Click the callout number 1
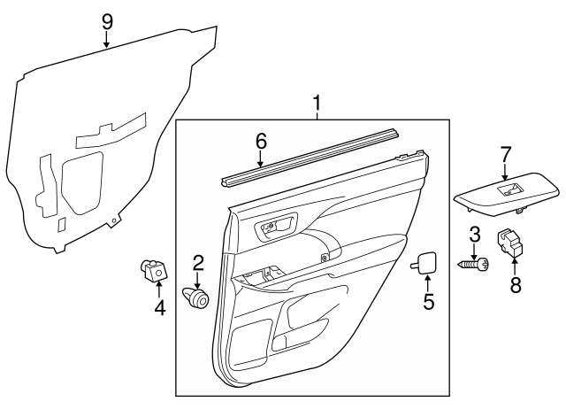(317, 105)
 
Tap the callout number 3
(475, 236)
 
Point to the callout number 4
(159, 307)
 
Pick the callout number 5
(428, 302)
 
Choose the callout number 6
(261, 141)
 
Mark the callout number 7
(506, 155)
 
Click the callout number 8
(514, 284)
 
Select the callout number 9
(106, 19)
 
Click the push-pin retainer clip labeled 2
(196, 298)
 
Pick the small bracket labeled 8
(510, 243)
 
